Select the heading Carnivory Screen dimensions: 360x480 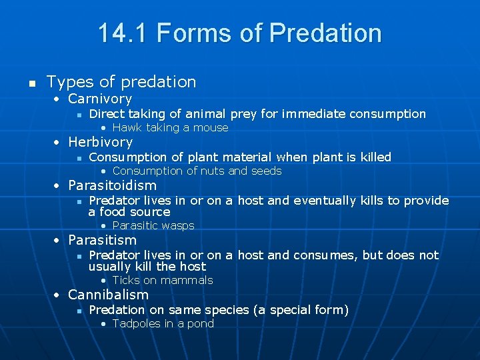click(100, 99)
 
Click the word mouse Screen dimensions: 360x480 click(212, 127)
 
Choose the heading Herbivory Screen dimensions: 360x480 click(101, 142)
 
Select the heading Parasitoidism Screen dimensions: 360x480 click(113, 185)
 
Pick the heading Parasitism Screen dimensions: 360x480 click(102, 240)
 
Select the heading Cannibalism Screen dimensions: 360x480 click(109, 295)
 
